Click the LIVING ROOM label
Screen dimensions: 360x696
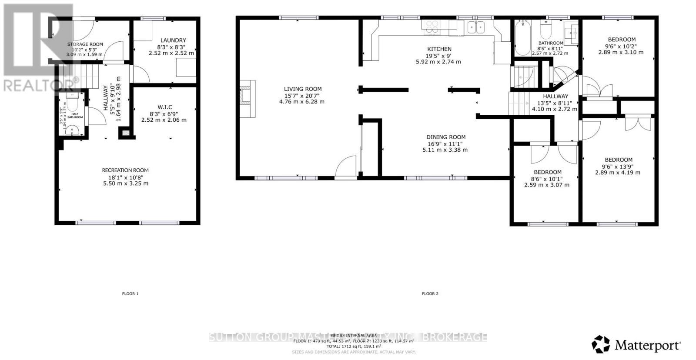(303, 89)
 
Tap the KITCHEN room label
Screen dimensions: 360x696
(439, 49)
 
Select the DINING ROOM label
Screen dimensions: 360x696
(446, 137)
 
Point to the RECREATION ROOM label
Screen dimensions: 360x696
(125, 170)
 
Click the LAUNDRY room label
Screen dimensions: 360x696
(173, 40)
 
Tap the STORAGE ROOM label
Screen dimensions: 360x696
(85, 44)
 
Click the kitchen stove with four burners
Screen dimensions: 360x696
(432, 27)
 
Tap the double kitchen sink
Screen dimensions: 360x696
(476, 28)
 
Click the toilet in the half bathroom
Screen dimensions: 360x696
(73, 103)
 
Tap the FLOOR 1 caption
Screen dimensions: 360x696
(130, 294)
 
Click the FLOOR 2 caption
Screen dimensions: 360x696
(430, 294)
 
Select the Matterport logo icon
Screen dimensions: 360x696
(601, 344)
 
